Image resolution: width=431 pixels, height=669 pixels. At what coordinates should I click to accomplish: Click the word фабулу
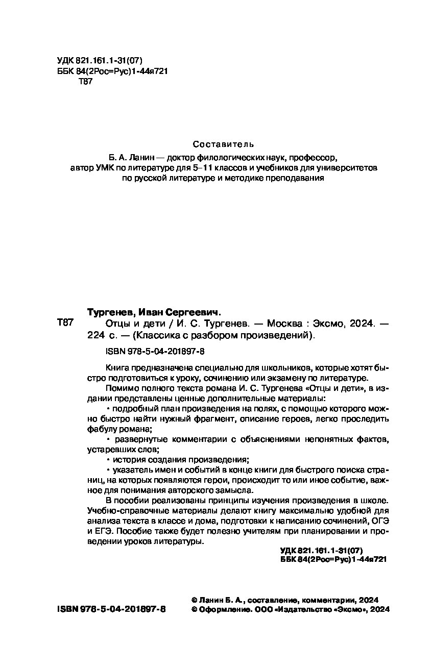click(x=102, y=430)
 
